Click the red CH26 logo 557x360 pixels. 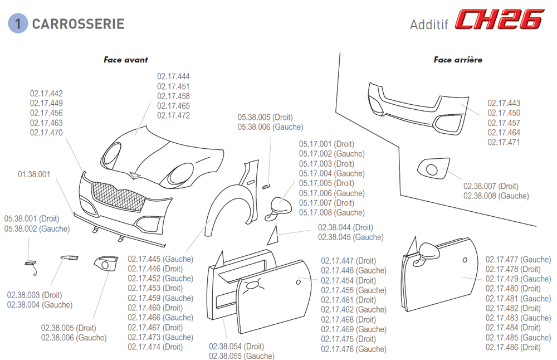pos(499,20)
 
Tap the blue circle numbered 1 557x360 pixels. pos(18,24)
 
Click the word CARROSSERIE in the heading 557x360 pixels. pos(78,24)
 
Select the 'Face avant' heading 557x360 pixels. pos(126,60)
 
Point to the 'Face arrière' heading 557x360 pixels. pos(458,60)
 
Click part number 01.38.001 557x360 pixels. pos(34,174)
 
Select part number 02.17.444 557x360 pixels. pos(173,77)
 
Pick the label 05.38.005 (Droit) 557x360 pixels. pos(265,118)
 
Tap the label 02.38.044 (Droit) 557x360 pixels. pos(345,227)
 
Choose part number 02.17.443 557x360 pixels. pos(504,103)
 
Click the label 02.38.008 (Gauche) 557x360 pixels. pos(496,196)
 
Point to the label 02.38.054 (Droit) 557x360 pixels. pos(237,347)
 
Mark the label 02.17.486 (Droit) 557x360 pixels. pos(513,347)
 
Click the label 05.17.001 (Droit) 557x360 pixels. pos(326,144)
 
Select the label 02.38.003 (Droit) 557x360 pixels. pos(35,295)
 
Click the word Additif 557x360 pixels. pos(429,25)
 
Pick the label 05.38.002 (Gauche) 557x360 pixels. pos(37,228)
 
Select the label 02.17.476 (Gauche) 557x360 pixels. pos(354,349)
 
